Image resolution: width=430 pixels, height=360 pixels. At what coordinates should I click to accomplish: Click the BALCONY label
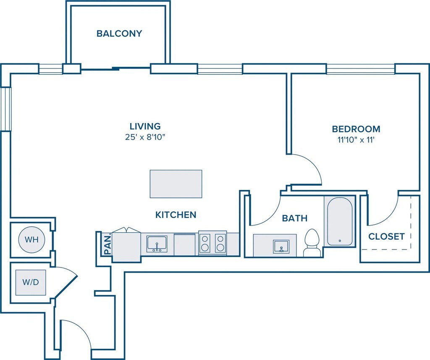[119, 34]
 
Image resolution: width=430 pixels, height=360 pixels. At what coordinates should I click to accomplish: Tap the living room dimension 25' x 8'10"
[145, 137]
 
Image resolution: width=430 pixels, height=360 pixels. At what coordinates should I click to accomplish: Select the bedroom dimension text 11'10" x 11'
[356, 139]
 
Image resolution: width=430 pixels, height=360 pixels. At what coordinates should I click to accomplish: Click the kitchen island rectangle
[176, 184]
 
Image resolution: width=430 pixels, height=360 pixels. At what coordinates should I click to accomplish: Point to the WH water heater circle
[31, 239]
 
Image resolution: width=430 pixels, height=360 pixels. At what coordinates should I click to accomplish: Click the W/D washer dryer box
[30, 282]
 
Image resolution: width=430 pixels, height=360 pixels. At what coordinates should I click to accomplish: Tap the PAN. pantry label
[108, 244]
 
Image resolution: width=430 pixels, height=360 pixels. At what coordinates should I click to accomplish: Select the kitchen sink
[157, 244]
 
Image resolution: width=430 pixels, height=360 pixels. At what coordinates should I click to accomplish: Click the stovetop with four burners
[212, 243]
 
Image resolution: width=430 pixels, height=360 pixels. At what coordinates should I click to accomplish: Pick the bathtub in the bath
[339, 221]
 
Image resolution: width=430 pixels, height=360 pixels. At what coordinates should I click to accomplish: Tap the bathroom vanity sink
[281, 246]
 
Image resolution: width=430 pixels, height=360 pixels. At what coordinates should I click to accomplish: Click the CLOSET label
[386, 236]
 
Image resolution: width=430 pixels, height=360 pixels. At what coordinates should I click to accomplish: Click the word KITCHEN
[176, 215]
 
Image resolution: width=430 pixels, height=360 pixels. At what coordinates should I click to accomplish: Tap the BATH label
[294, 218]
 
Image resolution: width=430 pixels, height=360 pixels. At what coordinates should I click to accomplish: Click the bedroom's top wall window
[361, 69]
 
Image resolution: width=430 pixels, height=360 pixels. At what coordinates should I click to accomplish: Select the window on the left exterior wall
[5, 109]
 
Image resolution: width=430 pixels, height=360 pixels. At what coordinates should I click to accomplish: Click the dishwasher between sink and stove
[185, 244]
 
